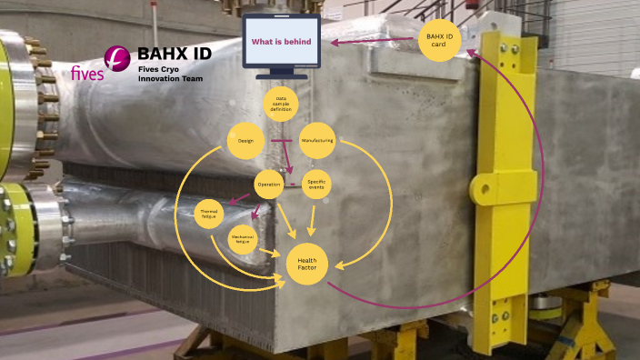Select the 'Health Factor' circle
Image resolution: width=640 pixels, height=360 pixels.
[x=307, y=264]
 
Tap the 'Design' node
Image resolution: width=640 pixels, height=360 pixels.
[x=245, y=141]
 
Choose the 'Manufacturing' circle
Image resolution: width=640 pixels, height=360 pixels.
[x=318, y=141]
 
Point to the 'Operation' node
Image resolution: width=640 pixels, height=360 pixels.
[x=269, y=185]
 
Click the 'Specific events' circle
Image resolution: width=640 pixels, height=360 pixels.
[x=316, y=185]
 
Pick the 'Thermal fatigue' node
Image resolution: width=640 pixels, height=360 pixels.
[x=210, y=214]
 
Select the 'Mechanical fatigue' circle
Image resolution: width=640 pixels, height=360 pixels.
[x=242, y=240]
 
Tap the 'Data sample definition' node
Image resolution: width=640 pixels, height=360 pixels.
[x=281, y=105]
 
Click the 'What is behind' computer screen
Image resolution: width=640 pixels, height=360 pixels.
[x=282, y=42]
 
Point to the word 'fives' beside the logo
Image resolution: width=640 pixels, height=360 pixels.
[x=87, y=74]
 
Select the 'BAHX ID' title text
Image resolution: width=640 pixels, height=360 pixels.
[x=175, y=53]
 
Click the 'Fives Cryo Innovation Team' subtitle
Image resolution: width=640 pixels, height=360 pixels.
[x=169, y=74]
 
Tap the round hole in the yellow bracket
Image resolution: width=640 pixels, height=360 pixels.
[x=480, y=190]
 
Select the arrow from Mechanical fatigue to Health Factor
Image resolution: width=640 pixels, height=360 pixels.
[x=268, y=250]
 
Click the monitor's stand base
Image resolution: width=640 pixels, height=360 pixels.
[x=282, y=75]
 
